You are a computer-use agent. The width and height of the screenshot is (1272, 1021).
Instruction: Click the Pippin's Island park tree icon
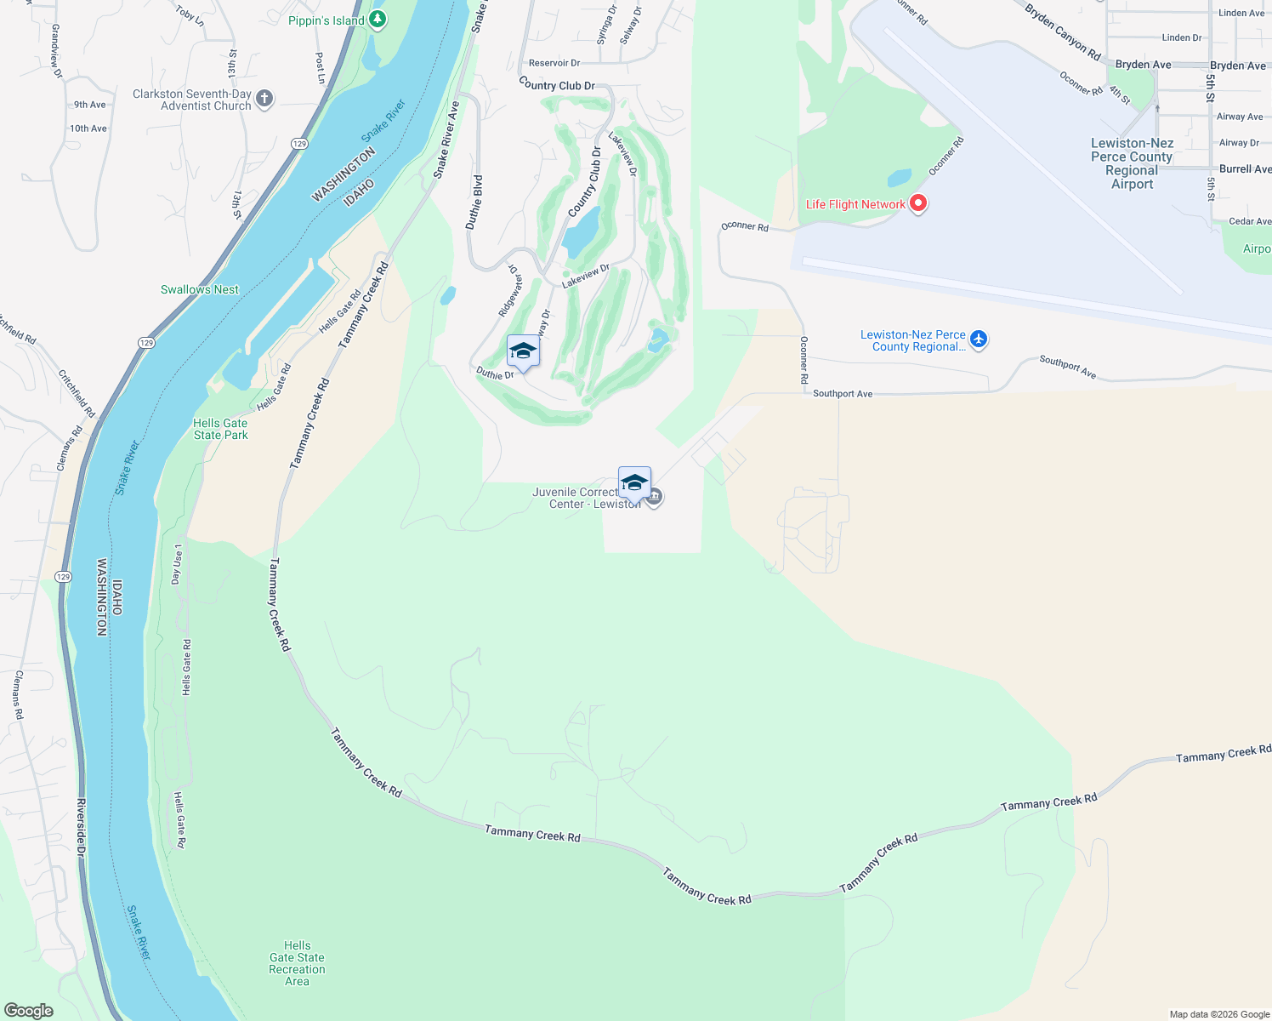[378, 20]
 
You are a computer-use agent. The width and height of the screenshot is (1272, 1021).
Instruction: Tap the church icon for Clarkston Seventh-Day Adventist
[264, 99]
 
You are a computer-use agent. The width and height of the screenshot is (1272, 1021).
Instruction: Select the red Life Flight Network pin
[917, 203]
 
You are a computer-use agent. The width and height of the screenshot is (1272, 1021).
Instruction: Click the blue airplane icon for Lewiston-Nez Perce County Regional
[979, 339]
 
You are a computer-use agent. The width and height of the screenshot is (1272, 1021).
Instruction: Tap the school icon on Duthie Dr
[523, 351]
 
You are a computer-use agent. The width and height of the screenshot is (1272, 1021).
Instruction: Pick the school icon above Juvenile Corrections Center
[634, 483]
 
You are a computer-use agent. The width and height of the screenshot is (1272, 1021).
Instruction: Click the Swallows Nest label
[200, 289]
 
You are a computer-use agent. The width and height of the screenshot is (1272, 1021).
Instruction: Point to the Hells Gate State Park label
[220, 429]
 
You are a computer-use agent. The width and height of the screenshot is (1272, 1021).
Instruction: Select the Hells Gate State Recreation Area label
[297, 963]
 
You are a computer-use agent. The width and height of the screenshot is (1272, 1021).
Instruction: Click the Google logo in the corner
[28, 1011]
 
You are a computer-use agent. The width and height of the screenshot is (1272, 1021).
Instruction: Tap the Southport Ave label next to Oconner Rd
[842, 394]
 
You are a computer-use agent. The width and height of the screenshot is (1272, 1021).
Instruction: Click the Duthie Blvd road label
[474, 202]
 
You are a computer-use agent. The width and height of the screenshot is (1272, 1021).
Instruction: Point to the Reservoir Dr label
[554, 63]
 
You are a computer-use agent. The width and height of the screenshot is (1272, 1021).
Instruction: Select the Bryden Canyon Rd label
[1062, 32]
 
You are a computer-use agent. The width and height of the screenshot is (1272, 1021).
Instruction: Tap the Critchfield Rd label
[76, 393]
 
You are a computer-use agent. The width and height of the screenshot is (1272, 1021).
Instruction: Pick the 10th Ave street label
[88, 128]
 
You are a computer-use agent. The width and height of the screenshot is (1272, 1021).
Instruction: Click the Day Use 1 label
[177, 564]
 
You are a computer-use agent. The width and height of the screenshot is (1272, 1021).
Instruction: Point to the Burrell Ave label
[1245, 169]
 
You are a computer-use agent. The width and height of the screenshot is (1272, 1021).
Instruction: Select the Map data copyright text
[1219, 1014]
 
